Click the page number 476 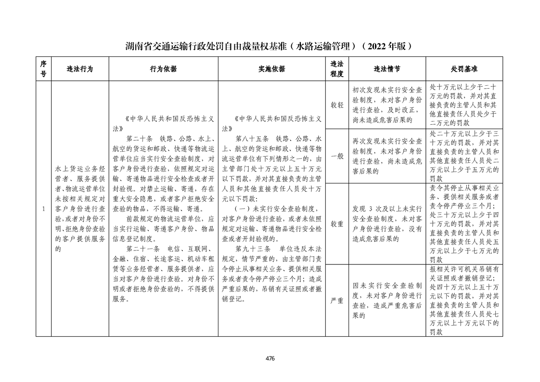(270, 358)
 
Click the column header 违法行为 (79, 69)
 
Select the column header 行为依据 (164, 69)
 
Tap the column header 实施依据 (272, 69)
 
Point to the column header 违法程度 (337, 69)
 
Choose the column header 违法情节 (387, 69)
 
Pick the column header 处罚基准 (464, 69)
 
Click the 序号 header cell (43, 69)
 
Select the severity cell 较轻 (337, 105)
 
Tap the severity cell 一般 (337, 156)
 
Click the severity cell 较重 (337, 224)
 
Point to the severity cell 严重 (337, 301)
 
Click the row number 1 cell (43, 209)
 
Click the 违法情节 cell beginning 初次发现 (387, 105)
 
